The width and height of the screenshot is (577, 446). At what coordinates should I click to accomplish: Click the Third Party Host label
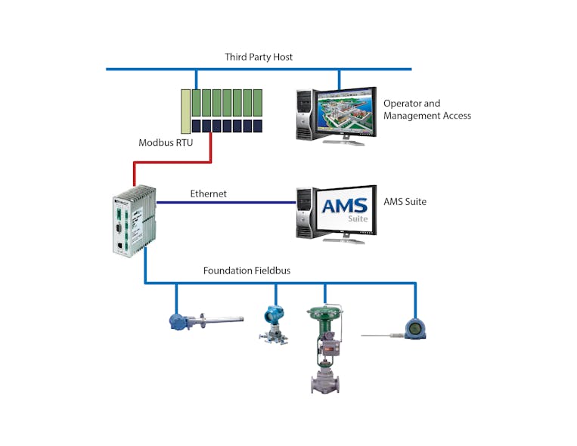[x=258, y=57]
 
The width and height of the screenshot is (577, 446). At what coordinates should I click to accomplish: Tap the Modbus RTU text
[x=165, y=142]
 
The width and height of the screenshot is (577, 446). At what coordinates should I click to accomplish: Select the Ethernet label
[x=208, y=194]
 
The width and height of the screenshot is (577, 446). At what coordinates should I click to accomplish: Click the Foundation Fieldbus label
[x=247, y=271]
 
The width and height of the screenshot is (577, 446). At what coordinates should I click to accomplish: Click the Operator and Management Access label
[x=427, y=110]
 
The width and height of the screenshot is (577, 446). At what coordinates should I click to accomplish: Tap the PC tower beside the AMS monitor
[x=304, y=214]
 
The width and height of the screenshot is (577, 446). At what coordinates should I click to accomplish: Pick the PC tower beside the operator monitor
[x=304, y=115]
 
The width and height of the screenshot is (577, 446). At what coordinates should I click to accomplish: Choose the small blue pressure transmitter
[x=273, y=321]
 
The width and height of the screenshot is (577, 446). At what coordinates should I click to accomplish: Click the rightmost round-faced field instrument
[x=414, y=328]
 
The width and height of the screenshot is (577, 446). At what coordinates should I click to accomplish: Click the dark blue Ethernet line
[x=227, y=203]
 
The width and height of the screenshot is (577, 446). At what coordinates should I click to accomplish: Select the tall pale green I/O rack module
[x=185, y=112]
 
